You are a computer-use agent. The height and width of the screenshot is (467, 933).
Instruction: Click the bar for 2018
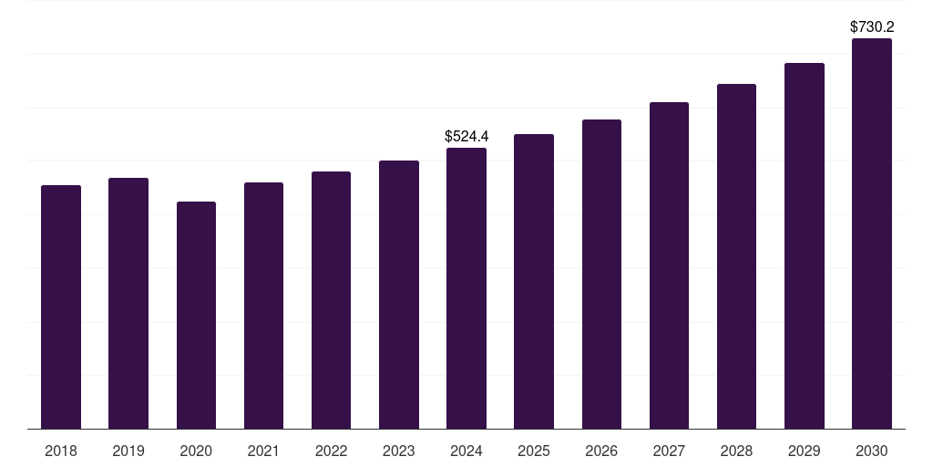point(61,306)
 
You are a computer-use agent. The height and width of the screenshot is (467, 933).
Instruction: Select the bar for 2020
point(196,315)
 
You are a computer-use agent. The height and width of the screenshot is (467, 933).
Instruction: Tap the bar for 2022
point(331,300)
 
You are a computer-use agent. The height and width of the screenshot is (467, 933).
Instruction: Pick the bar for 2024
point(466,288)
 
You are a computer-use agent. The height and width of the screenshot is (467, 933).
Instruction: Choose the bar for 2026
point(601,274)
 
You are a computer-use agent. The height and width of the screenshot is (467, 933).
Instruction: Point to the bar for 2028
point(736,256)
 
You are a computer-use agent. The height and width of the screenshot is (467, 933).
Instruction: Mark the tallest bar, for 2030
point(872,233)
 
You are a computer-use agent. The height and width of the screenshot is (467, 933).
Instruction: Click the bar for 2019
point(128,303)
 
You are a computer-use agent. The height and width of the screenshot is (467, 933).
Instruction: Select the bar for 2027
point(669,265)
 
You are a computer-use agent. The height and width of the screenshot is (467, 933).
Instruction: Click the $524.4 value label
point(466,136)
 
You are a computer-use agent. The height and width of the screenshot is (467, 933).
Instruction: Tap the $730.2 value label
point(872,27)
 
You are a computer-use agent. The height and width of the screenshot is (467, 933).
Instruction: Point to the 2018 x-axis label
point(61,451)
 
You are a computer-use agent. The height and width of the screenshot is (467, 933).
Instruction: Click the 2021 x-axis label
point(263,451)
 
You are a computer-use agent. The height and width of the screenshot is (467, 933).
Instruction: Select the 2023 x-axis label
point(399,451)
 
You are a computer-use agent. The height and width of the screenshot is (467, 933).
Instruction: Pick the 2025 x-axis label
point(534,451)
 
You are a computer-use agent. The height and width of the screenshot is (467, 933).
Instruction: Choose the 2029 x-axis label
point(805,451)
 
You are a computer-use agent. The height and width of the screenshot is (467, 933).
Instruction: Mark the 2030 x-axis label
point(872,451)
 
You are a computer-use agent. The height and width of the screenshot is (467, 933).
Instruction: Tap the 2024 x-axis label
point(466,451)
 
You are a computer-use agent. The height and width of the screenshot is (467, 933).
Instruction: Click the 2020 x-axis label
point(196,451)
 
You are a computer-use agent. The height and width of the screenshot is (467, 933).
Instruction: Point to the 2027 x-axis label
point(669,451)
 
